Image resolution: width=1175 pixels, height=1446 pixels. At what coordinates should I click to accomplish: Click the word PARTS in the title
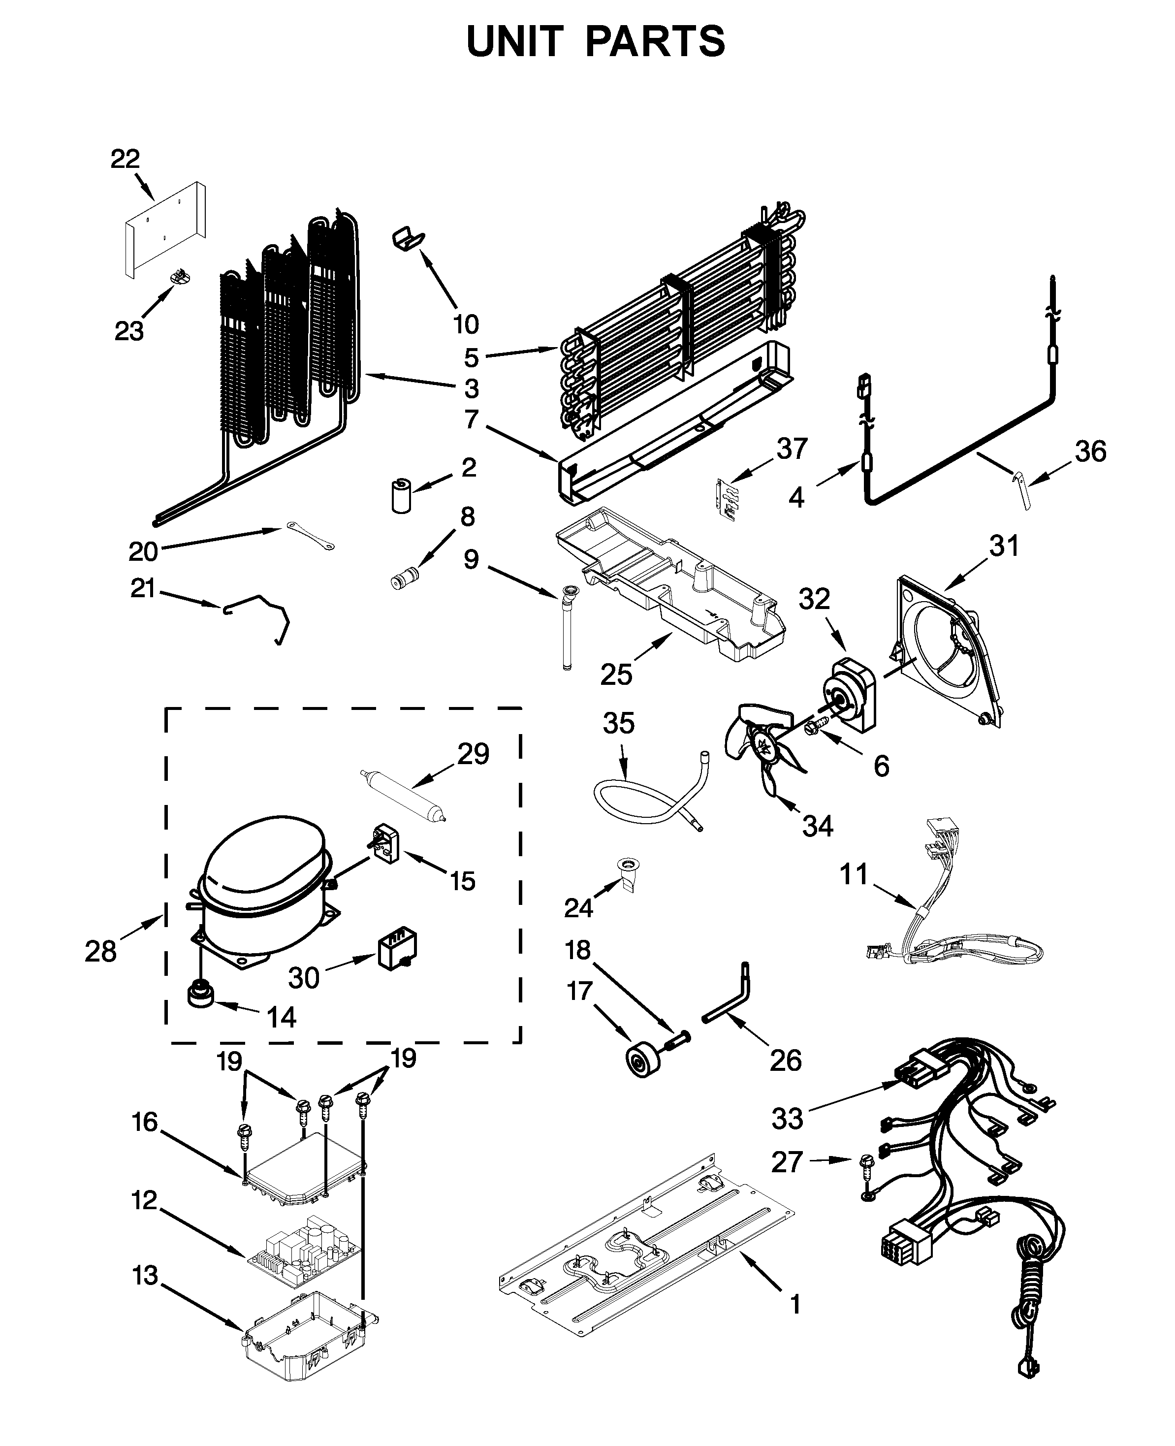click(655, 42)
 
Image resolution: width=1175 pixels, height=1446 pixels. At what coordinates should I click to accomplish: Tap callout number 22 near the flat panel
click(125, 159)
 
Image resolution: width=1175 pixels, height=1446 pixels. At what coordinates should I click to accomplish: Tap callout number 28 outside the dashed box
click(101, 951)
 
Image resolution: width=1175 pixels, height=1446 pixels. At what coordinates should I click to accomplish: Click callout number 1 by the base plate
click(796, 1304)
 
